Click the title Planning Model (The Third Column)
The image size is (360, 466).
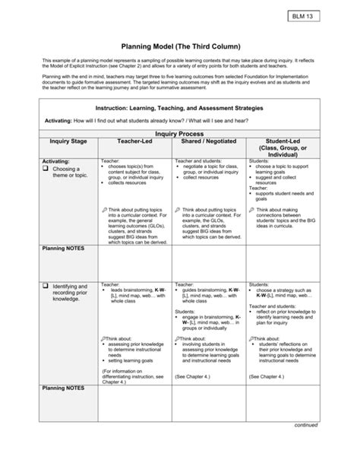pyautogui.click(x=180, y=46)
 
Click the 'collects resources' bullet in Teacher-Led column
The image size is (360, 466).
pyautogui.click(x=129, y=183)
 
